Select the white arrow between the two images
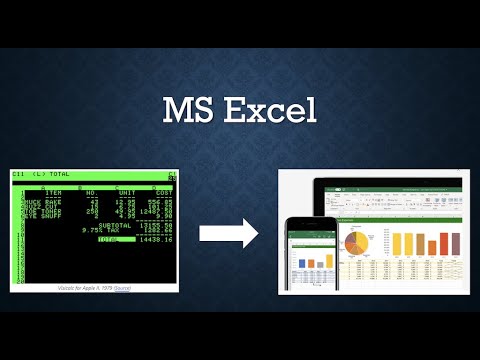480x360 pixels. point(228,234)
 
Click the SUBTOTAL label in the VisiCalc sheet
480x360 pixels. point(115,225)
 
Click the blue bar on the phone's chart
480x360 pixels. point(302,262)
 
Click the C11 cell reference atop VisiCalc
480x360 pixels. point(19,175)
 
